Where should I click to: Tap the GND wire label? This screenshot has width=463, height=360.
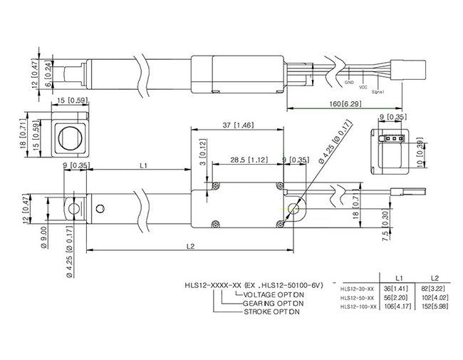pyautogui.click(x=349, y=82)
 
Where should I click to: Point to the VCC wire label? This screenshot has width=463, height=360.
pyautogui.click(x=363, y=87)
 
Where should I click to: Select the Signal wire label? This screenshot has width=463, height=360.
pyautogui.click(x=378, y=91)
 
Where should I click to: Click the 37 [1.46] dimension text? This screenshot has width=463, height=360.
pyautogui.click(x=240, y=125)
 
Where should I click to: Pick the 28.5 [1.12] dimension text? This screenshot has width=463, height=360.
pyautogui.click(x=249, y=160)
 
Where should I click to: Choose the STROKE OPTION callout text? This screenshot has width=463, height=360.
pyautogui.click(x=271, y=312)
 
